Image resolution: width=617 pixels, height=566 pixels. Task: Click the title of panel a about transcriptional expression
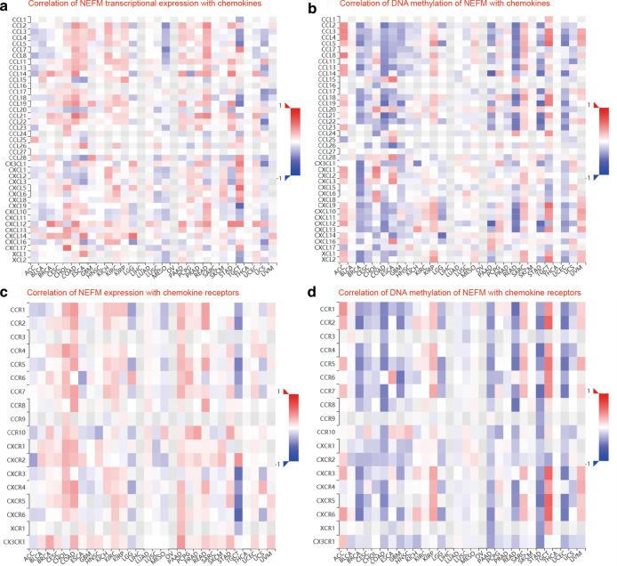coord(148,6)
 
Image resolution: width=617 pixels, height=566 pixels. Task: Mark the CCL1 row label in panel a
coord(17,20)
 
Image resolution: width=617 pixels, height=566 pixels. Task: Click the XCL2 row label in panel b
coord(328,261)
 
